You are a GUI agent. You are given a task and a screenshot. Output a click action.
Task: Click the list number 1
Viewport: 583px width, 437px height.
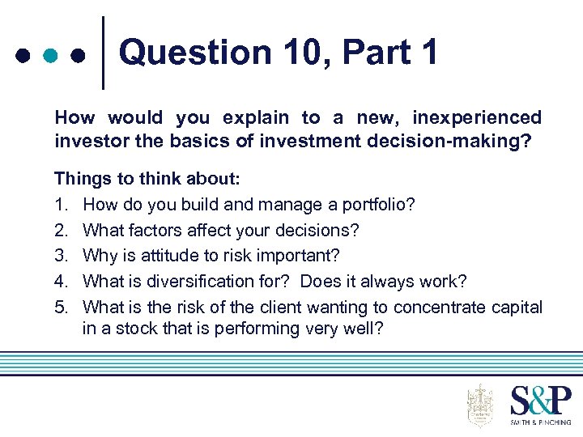click(x=60, y=204)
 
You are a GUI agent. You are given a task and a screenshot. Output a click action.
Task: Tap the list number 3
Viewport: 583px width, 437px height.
click(x=60, y=256)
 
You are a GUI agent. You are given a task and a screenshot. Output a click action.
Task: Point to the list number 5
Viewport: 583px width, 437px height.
click(x=60, y=308)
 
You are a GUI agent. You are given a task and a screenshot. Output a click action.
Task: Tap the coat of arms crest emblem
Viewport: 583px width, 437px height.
click(x=480, y=405)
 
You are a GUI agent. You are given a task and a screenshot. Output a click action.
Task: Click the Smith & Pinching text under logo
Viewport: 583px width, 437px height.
click(x=540, y=422)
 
